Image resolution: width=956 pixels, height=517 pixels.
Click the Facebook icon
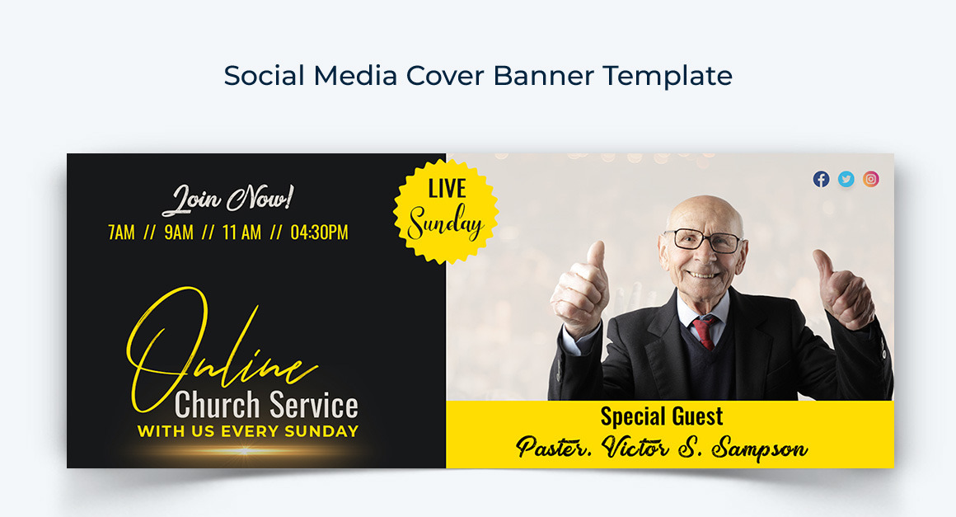tap(821, 179)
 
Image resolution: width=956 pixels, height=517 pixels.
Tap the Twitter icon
tap(846, 179)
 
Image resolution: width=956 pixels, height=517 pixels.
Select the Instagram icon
tap(871, 179)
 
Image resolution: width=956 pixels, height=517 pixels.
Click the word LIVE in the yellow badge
tap(447, 188)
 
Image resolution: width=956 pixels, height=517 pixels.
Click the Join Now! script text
tap(227, 199)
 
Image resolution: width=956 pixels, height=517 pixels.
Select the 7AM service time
tap(121, 233)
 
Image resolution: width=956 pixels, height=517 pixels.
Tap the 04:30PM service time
tap(319, 233)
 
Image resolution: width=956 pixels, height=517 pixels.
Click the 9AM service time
tap(178, 233)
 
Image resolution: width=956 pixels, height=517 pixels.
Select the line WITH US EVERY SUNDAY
tap(247, 431)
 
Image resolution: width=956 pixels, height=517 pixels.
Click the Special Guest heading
tap(662, 416)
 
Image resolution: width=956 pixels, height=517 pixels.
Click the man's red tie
tap(704, 331)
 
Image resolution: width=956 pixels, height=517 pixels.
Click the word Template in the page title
tap(667, 76)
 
